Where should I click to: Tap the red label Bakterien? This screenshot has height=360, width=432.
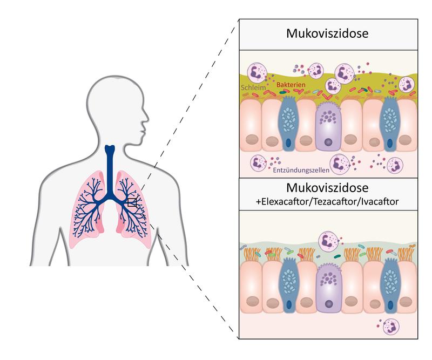tap(290, 85)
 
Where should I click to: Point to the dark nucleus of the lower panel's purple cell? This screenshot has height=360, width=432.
tap(328, 305)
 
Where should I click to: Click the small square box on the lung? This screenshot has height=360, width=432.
tap(132, 202)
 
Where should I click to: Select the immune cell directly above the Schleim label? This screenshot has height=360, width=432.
tap(257, 73)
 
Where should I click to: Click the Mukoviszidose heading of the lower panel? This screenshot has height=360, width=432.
tap(328, 189)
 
